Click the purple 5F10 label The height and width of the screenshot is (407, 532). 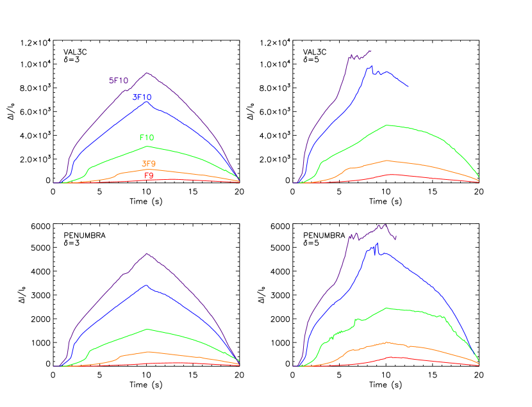pos(118,81)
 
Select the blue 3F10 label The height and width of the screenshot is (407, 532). pos(142,97)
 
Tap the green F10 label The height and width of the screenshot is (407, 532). pos(146,138)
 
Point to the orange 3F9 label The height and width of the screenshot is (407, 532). pos(148,164)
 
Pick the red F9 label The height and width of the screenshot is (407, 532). pos(148,175)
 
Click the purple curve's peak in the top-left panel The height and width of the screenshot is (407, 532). pos(147,73)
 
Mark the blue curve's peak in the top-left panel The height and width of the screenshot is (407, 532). pos(147,102)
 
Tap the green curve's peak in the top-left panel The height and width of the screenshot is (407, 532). pos(147,147)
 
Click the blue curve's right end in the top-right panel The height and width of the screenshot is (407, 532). pos(408,86)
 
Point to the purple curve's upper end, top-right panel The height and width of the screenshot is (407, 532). pos(370,51)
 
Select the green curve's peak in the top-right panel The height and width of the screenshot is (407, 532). pos(387,125)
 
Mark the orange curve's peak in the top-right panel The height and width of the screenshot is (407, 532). pos(387,161)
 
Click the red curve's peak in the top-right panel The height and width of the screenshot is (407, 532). pos(388,174)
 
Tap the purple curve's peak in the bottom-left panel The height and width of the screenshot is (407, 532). pos(147,253)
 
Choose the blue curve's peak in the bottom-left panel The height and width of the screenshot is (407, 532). pos(147,285)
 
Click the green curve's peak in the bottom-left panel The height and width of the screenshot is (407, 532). pos(147,329)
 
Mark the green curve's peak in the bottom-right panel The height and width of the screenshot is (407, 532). pos(387,308)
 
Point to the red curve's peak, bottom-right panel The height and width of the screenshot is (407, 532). pos(390,356)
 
